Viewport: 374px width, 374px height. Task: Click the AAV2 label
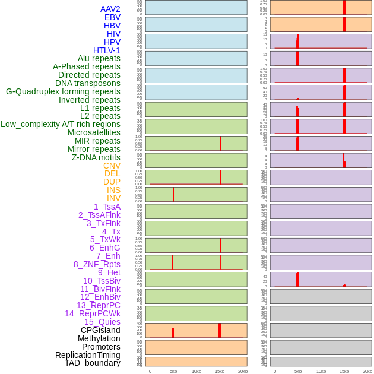click(110, 9)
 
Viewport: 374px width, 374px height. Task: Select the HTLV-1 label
click(107, 50)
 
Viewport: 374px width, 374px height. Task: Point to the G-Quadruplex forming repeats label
click(63, 91)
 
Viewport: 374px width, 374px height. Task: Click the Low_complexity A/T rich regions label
click(61, 124)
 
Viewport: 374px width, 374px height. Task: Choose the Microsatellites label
click(94, 132)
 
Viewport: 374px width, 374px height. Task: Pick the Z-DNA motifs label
click(96, 157)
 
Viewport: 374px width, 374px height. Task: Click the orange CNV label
click(112, 166)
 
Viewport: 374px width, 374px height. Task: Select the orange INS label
click(113, 190)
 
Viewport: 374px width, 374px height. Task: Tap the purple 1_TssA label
click(107, 207)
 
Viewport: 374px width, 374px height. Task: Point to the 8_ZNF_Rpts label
click(97, 264)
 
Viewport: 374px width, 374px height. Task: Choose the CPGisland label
click(100, 330)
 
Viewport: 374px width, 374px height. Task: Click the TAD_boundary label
click(93, 363)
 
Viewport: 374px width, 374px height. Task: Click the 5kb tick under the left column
click(173, 371)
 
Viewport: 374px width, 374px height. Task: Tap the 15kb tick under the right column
click(344, 371)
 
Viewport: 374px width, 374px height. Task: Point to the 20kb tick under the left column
click(243, 371)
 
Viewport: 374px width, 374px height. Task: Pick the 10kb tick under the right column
click(321, 371)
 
